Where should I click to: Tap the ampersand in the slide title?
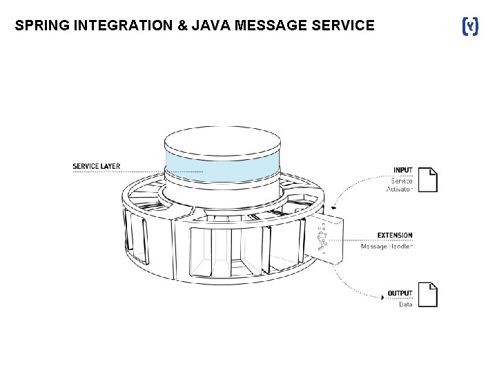(171, 26)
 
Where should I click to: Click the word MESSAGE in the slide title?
(267, 26)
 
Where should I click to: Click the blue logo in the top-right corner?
(469, 27)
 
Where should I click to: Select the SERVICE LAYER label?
(96, 166)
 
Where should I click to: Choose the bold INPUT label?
(402, 170)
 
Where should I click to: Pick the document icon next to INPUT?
(428, 178)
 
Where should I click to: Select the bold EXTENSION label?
(394, 236)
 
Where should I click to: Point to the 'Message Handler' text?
(387, 246)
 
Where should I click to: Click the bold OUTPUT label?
(400, 293)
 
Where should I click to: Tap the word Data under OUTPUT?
(405, 304)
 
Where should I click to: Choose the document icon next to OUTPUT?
(428, 294)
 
